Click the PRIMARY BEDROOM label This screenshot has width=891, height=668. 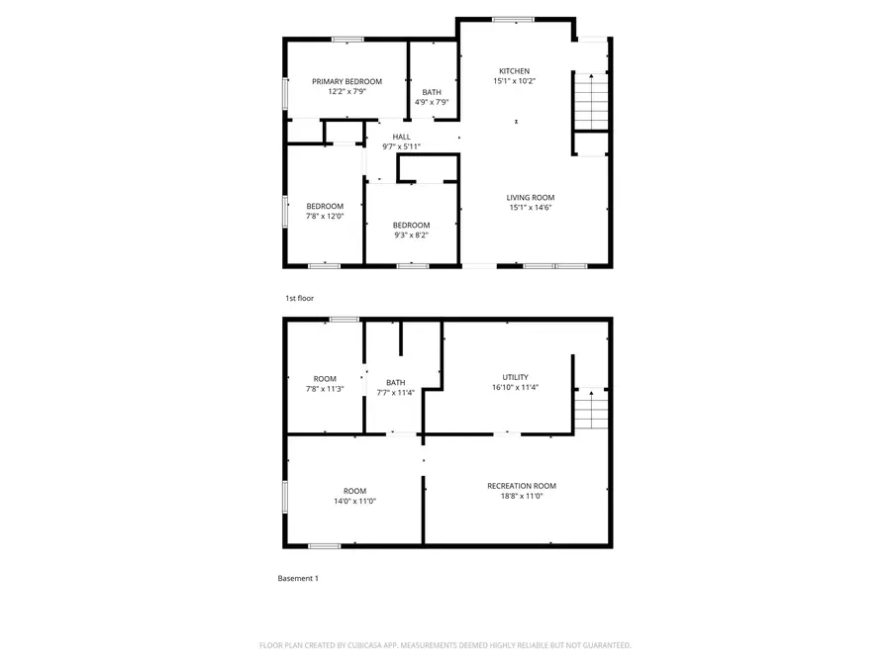coord(346,81)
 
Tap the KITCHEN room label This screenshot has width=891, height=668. coord(514,71)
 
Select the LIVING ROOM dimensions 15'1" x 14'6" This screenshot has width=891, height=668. coord(530,208)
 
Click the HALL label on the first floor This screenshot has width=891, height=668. coord(401,137)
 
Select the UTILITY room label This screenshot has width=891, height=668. coord(515,377)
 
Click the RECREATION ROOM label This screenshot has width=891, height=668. coord(521,486)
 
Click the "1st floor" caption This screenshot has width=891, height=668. coord(299,297)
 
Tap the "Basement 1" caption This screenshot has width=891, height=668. coord(298,578)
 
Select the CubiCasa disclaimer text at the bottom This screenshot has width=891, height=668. coord(445,645)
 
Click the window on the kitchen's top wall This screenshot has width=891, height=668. coord(513,19)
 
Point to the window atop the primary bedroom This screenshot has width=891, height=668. coord(346,40)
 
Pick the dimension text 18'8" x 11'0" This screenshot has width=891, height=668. coord(521,496)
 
